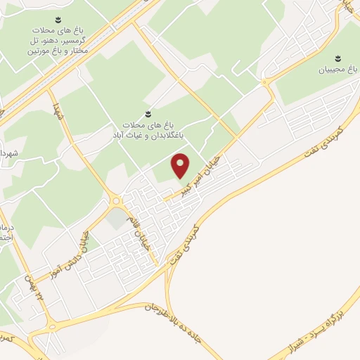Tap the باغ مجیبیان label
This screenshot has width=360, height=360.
tap(337, 70)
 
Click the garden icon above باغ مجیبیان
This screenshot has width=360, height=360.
tap(336, 56)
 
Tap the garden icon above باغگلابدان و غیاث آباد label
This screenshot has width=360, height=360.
tap(147, 113)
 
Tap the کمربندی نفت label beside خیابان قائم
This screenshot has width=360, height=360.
tap(185, 245)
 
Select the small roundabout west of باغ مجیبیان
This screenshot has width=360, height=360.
tap(264, 83)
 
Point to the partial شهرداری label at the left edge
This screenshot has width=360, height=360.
tap(7, 153)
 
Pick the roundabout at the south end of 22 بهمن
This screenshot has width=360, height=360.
tap(51, 328)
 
